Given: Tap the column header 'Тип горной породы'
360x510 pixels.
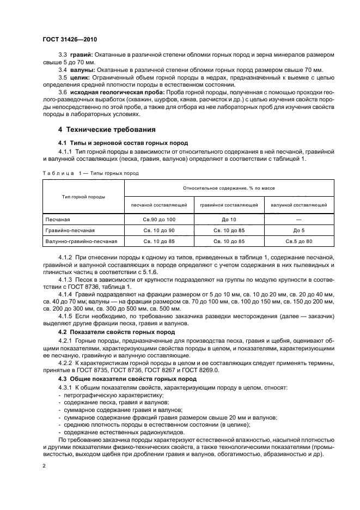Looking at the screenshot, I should pos(83,197).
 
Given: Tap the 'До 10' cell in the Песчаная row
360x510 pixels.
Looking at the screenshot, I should pos(229,220).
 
